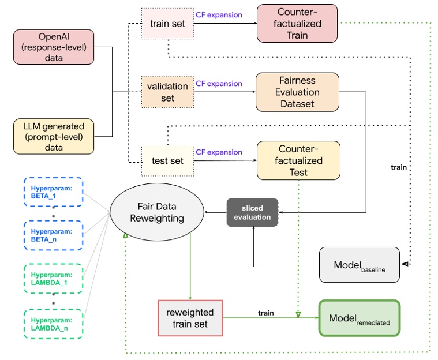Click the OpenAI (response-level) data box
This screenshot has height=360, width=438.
tap(53, 47)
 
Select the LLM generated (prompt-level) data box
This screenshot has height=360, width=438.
tap(53, 137)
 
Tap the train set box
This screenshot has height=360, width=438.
tap(167, 23)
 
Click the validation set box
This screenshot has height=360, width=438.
tap(168, 92)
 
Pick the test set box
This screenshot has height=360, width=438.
tap(167, 161)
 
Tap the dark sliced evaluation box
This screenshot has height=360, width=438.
tap(252, 213)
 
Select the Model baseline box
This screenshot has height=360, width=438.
tap(358, 265)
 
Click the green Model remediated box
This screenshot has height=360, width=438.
tap(359, 317)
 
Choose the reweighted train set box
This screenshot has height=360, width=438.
tap(190, 317)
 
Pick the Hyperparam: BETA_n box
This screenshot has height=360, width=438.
tap(53, 235)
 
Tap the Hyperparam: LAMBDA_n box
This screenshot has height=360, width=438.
tap(53, 324)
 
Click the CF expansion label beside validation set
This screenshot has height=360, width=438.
tap(219, 84)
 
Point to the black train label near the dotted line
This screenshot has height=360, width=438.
tap(398, 167)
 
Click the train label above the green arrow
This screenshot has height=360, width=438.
tap(265, 313)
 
